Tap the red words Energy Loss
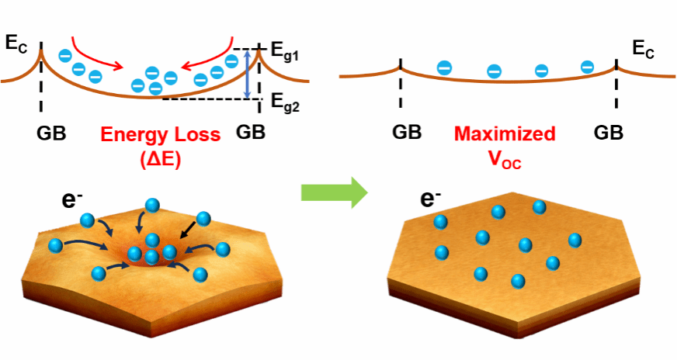pyautogui.click(x=161, y=133)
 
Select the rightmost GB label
pyautogui.click(x=609, y=133)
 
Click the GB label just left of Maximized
pyautogui.click(x=407, y=133)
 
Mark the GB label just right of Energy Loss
pyautogui.click(x=250, y=133)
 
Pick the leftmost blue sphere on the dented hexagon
pyautogui.click(x=56, y=246)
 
